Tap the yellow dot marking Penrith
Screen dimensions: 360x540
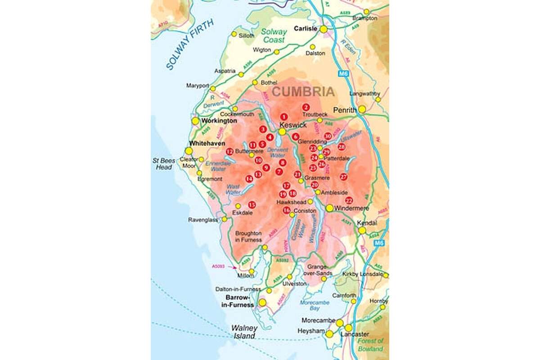[x=362, y=109]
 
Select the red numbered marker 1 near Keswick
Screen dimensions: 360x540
[x=283, y=117]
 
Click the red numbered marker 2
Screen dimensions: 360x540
[x=306, y=107]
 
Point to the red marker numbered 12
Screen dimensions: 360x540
[x=230, y=151]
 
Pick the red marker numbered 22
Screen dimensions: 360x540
[x=349, y=200]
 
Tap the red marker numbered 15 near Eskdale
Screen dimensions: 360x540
[x=252, y=205]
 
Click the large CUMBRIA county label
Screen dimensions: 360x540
[x=304, y=92]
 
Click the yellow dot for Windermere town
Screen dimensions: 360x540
[x=330, y=208]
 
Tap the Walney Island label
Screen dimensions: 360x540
[x=243, y=332]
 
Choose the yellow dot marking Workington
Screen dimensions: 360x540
[x=195, y=121]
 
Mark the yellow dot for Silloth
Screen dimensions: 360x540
[x=234, y=34]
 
